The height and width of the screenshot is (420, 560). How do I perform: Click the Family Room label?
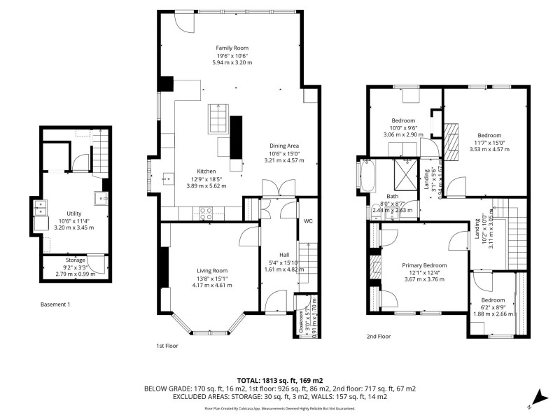231,48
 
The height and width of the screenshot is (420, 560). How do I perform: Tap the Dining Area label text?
283,146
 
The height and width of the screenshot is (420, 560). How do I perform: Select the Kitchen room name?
206,171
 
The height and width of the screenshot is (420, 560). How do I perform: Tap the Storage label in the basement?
76,260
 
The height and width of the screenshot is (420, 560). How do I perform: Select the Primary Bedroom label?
424,265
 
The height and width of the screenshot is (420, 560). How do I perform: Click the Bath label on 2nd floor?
392,197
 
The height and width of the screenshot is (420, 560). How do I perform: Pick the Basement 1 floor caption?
55,304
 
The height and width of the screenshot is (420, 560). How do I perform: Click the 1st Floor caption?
168,346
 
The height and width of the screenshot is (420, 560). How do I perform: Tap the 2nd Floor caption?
379,336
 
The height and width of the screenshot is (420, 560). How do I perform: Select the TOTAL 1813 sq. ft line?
279,379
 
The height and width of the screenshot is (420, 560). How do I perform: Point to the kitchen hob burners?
207,213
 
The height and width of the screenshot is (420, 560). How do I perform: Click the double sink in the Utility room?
41,208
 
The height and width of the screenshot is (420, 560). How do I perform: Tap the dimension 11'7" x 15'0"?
489,142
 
